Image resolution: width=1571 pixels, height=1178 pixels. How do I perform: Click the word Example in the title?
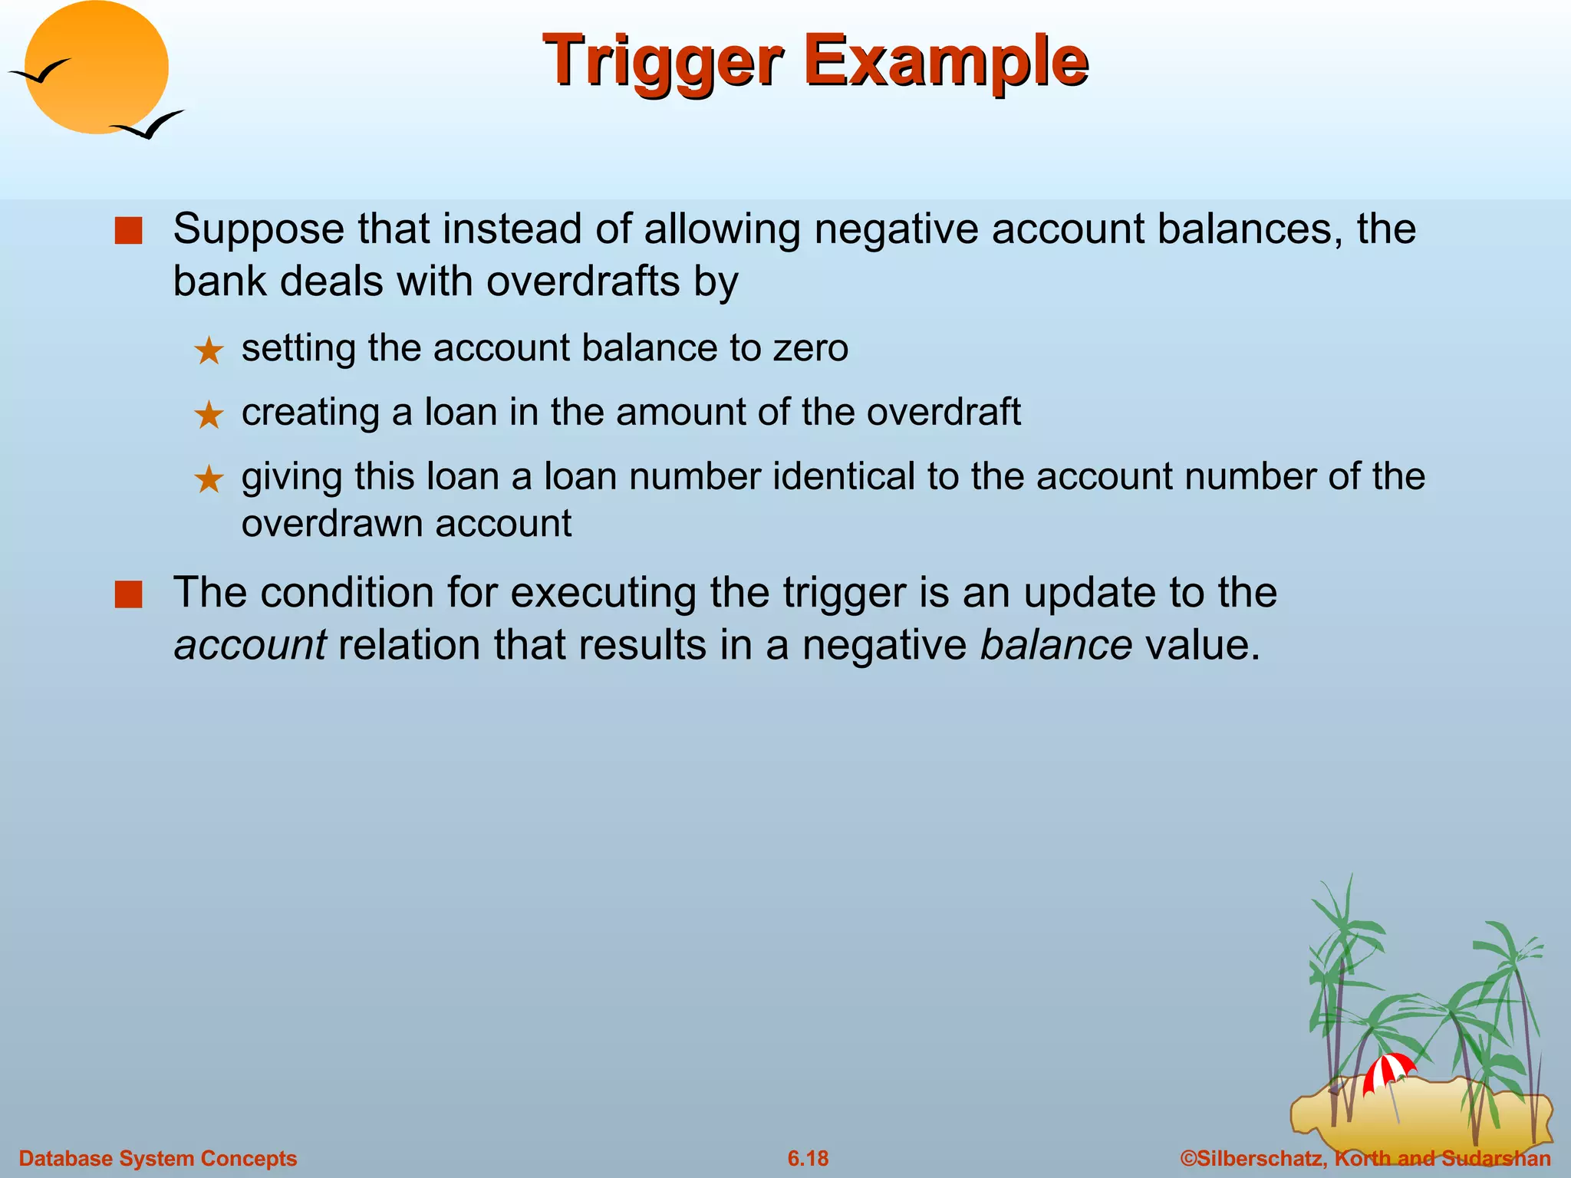click(945, 61)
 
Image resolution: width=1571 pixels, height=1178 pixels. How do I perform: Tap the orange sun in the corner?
click(97, 67)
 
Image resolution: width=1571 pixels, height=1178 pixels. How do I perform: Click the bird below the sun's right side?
click(149, 125)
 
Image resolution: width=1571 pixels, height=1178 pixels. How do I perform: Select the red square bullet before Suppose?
click(128, 230)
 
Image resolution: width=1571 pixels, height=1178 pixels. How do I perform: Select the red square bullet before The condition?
click(128, 594)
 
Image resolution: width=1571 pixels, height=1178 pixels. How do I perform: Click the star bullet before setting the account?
click(208, 351)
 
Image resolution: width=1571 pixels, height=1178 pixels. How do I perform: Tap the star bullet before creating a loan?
click(208, 416)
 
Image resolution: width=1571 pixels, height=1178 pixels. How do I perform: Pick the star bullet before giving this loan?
click(208, 480)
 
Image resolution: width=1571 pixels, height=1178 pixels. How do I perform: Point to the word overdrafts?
click(583, 281)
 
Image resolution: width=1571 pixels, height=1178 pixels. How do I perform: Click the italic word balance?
click(1056, 645)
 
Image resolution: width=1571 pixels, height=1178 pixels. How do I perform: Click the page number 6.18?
click(808, 1158)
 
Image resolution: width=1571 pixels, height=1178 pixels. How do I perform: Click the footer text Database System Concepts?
click(158, 1158)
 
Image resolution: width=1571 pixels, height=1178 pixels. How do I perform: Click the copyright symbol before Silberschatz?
click(1187, 1158)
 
